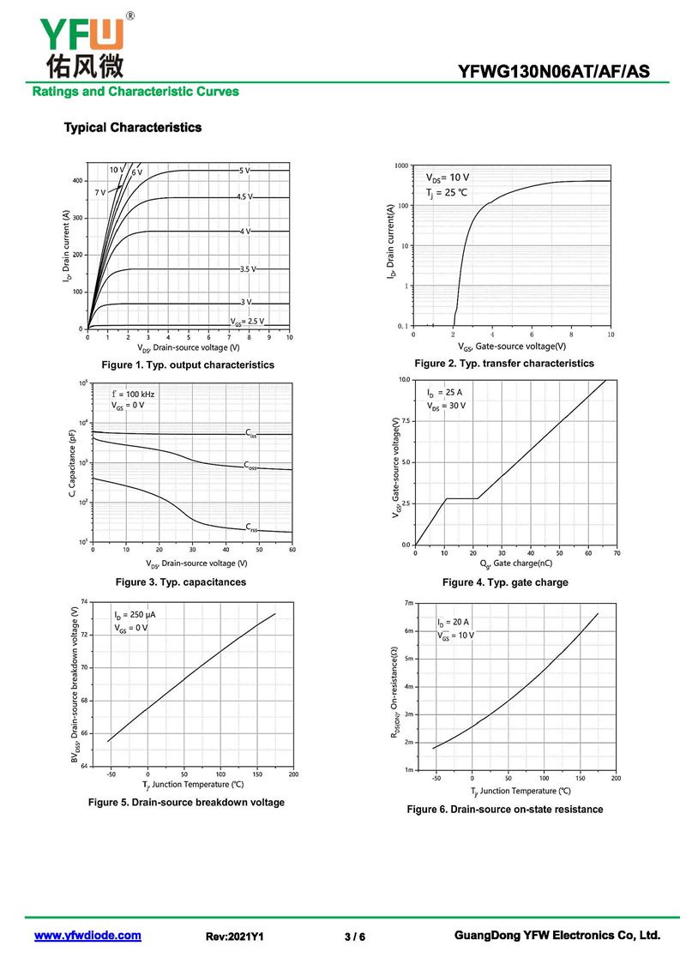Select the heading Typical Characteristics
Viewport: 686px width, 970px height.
tap(133, 128)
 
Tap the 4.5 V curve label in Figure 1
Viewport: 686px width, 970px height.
tap(245, 197)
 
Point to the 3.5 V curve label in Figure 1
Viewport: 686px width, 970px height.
tap(247, 269)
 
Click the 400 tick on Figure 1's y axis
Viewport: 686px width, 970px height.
tap(77, 181)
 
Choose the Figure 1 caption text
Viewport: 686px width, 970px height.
tap(188, 365)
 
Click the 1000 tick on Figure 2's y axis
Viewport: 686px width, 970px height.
tap(400, 166)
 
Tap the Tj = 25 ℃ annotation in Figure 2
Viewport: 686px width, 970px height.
tap(447, 192)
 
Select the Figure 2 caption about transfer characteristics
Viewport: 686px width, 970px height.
tap(504, 364)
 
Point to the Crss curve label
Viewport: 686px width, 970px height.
tap(250, 527)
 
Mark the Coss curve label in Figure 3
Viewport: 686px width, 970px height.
tap(250, 466)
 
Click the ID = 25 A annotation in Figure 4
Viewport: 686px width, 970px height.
tap(445, 393)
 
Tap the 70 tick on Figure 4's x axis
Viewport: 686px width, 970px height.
tap(616, 553)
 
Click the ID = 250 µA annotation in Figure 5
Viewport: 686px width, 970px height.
tap(135, 615)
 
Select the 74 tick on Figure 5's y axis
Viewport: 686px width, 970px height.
tap(84, 602)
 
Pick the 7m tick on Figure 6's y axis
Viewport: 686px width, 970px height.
tap(408, 604)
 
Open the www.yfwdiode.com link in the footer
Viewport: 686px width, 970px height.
tap(87, 936)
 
